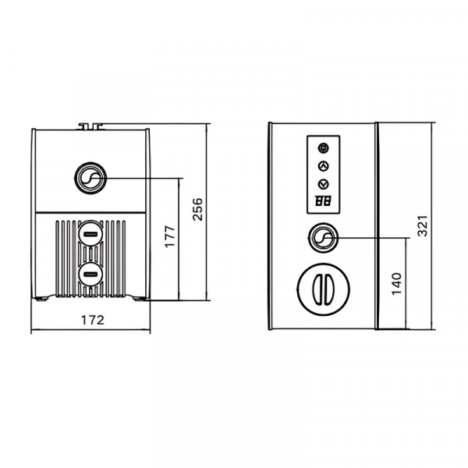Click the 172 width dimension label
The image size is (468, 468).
coord(93,320)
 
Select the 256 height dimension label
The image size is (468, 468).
coord(197,209)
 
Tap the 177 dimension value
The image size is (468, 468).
coord(170,236)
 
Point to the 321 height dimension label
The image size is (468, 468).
coord(422,226)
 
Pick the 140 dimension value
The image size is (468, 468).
coord(397,284)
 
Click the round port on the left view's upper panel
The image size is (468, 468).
coord(90,178)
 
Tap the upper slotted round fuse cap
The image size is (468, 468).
coord(90,234)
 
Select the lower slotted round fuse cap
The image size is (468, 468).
coord(90,275)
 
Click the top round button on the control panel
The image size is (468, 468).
coord(323,147)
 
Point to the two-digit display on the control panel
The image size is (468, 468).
coord(323,201)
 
